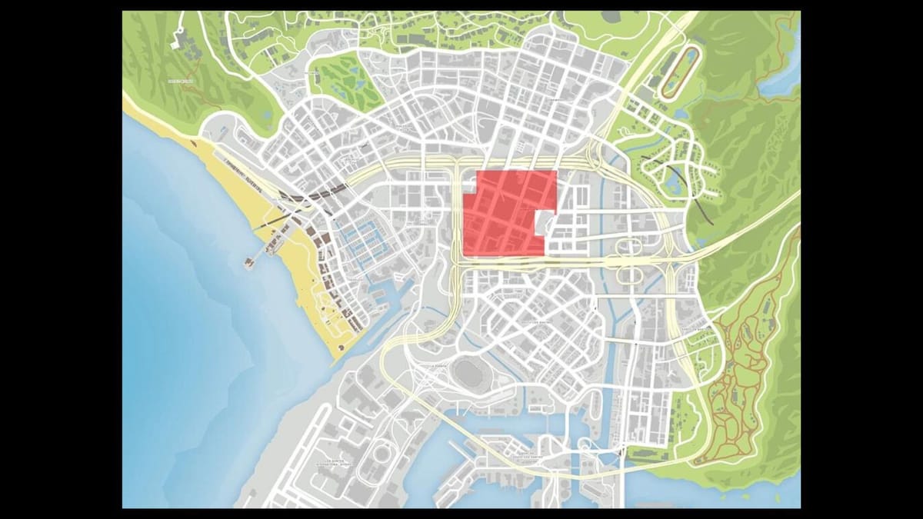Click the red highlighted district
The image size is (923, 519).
504,215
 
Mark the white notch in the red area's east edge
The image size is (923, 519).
545,222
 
